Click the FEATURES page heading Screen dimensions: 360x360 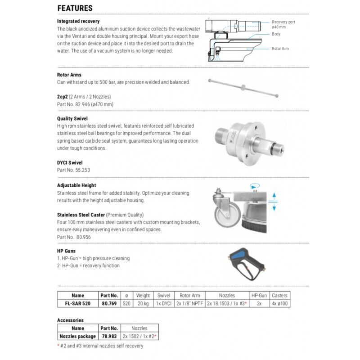click(75, 8)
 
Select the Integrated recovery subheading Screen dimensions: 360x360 click(78, 21)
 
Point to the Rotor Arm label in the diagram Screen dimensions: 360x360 click(280, 49)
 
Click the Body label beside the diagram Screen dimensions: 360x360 click(276, 34)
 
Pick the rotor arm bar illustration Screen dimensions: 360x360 click(243, 88)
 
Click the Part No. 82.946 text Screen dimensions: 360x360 click(85, 104)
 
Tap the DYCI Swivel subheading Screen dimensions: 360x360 click(70, 162)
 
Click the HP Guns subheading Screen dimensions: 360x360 click(66, 251)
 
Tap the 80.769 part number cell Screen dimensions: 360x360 click(109, 303)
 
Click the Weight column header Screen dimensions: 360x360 click(143, 296)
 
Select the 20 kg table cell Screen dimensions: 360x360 click(143, 303)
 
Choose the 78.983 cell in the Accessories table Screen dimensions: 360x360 click(109, 336)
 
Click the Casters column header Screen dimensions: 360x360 click(279, 296)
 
